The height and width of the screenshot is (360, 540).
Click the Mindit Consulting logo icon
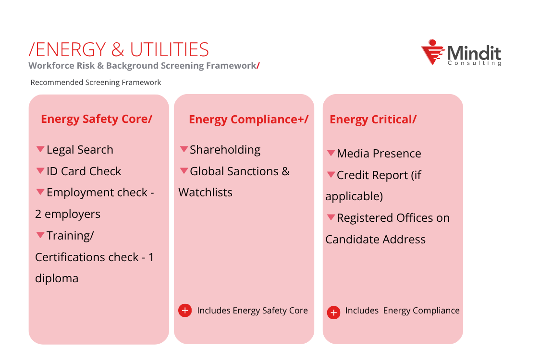(432, 52)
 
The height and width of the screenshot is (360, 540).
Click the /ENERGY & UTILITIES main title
(119, 50)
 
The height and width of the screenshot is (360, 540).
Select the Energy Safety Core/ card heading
(96, 119)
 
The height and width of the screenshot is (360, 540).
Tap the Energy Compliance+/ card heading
(248, 119)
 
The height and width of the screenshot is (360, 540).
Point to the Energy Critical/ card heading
(373, 120)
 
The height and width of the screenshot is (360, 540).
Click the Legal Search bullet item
(80, 150)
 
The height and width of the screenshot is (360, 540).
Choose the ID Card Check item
(84, 171)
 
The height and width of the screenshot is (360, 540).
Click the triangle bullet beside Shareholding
(184, 149)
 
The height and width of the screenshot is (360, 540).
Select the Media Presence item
(379, 154)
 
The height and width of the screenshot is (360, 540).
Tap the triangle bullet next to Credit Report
(331, 175)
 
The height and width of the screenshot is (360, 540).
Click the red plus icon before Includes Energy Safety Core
(185, 311)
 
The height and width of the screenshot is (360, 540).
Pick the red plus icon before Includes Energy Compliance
(333, 312)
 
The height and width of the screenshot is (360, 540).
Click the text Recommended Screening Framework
(96, 83)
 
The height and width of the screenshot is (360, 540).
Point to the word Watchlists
(205, 192)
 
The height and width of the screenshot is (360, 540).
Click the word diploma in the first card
(57, 278)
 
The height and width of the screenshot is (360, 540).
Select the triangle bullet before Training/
(40, 235)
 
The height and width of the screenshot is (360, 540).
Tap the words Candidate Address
(375, 240)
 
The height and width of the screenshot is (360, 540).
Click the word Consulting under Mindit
(474, 63)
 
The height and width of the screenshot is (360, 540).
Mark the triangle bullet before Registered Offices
(331, 217)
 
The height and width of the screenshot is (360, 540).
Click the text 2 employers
(68, 214)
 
